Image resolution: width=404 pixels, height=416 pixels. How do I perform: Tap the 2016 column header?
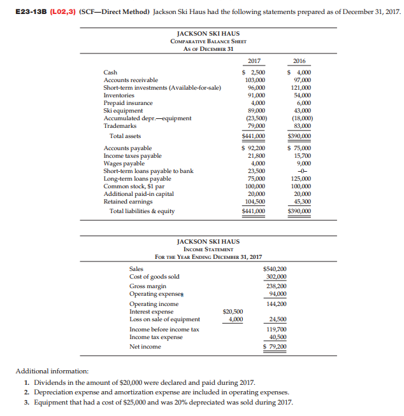click(299, 60)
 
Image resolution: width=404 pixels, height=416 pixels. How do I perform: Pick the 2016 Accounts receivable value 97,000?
click(299, 80)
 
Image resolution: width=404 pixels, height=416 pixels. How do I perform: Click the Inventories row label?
click(119, 95)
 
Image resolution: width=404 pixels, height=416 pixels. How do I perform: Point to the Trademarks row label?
click(119, 125)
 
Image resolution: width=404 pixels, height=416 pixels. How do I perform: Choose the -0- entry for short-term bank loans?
click(299, 171)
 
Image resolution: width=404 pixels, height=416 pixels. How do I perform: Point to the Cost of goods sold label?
click(154, 277)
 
